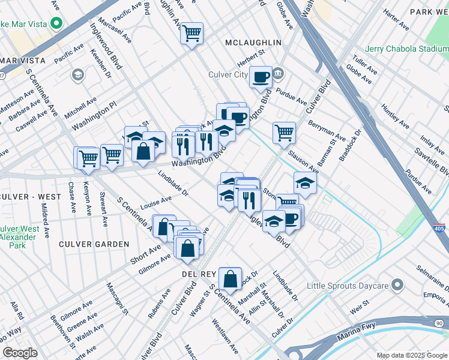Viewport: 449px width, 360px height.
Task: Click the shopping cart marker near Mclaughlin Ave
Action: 191,34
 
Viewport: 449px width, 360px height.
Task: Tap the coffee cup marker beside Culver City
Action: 261,77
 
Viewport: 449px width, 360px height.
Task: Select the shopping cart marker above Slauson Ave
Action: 284,133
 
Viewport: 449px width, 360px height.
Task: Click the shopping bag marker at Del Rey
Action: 230,278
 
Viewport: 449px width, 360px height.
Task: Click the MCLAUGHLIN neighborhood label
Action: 253,43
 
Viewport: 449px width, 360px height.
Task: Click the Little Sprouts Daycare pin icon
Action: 397,284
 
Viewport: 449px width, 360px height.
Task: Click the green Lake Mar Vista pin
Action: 57,25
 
